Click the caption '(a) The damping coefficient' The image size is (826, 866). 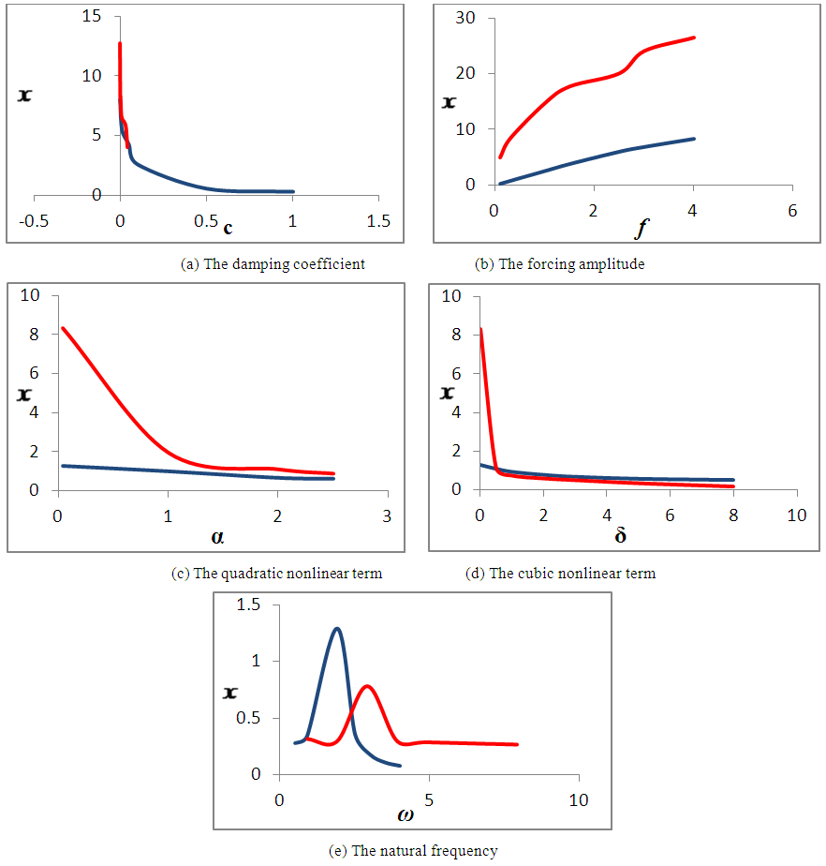click(273, 264)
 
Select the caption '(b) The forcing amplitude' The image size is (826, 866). click(560, 264)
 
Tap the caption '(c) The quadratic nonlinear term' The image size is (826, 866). click(278, 574)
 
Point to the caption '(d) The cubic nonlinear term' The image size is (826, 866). click(560, 574)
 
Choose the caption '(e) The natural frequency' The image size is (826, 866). click(412, 851)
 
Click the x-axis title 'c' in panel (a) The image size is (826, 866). click(228, 227)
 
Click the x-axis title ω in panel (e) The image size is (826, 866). click(405, 814)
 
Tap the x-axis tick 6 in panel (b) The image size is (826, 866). click(792, 211)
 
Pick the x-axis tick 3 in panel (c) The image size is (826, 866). click(387, 516)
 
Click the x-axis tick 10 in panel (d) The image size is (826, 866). click(796, 516)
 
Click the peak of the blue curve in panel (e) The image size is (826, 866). click(336, 628)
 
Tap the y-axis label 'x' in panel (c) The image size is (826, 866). click(24, 394)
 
